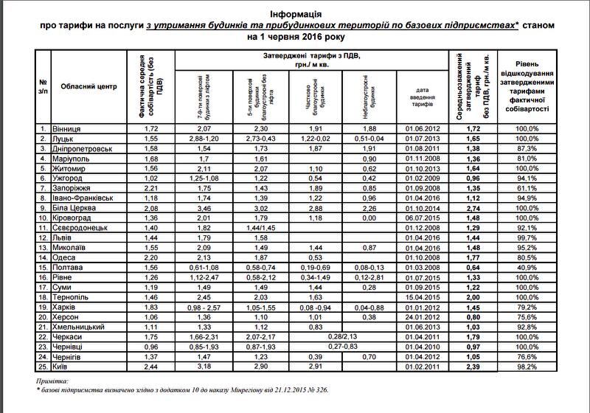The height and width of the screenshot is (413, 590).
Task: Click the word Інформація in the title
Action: point(295,14)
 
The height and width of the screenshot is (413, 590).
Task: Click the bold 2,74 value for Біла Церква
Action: point(473,207)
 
